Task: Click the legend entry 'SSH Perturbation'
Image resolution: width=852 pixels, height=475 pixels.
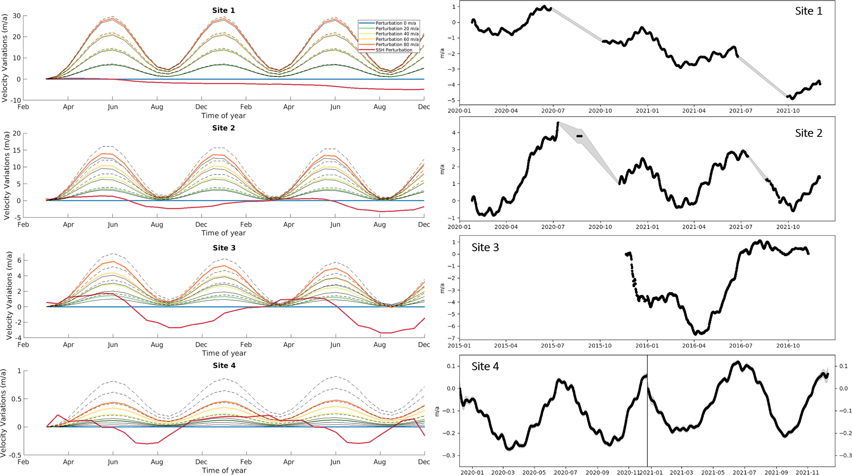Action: coord(394,50)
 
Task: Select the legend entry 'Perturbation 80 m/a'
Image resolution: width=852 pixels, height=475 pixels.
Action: coord(397,45)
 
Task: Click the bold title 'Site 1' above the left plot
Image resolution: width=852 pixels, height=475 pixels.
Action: coord(223,10)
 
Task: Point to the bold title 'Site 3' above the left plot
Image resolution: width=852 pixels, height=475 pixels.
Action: coord(224,248)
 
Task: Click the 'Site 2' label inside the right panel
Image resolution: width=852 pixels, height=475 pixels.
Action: coord(808,133)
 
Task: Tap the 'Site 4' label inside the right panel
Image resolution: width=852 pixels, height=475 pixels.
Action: coord(485,367)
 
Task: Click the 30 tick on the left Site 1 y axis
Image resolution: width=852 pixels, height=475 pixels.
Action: coord(16,16)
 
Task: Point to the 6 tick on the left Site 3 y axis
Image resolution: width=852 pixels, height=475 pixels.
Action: coord(19,261)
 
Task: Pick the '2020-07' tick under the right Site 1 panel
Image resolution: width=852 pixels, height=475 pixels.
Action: coord(553,111)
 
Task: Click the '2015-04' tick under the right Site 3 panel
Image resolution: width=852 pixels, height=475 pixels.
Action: coord(506,346)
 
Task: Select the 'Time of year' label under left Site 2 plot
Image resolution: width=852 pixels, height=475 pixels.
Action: coord(223,233)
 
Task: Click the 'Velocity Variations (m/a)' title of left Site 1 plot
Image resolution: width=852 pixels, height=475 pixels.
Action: coord(5,58)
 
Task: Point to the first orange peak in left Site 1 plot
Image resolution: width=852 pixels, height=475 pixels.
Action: coord(112,19)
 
